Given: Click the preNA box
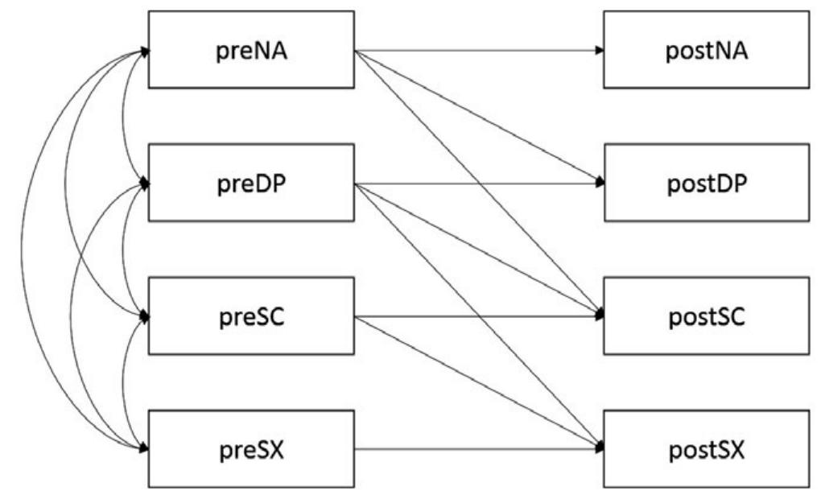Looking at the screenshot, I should [251, 50].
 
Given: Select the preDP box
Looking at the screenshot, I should [251, 183].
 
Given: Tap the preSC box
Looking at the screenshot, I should [251, 315].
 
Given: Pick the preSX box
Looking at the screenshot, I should [251, 447].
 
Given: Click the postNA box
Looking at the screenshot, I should [706, 50].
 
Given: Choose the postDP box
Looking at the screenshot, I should [706, 183].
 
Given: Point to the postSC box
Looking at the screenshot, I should [706, 315].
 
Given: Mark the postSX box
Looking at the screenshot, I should [706, 447].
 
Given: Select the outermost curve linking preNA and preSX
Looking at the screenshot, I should [23, 249].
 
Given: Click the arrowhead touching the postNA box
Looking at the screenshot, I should [600, 50].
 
